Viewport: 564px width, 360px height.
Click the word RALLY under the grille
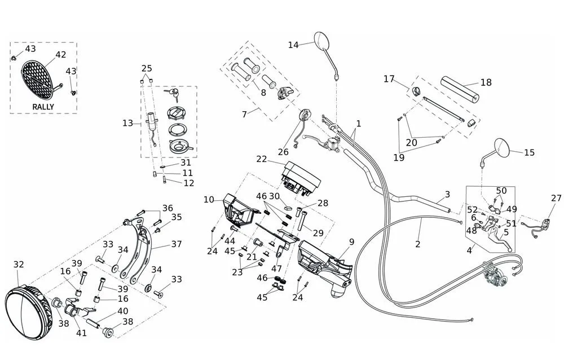(43, 107)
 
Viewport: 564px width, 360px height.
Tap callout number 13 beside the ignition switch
(127, 122)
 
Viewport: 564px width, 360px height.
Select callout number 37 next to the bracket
(177, 244)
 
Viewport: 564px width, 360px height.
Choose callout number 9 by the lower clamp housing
(351, 242)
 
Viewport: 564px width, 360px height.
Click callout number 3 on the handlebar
(447, 194)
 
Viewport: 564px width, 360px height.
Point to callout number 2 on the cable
(417, 244)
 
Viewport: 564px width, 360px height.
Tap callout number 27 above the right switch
(556, 198)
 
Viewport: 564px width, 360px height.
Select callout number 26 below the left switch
(283, 151)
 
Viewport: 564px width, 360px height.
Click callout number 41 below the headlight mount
(81, 332)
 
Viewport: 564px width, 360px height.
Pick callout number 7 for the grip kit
(244, 114)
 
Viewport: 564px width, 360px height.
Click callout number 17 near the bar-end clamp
(389, 78)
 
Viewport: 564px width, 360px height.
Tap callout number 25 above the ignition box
(146, 68)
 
